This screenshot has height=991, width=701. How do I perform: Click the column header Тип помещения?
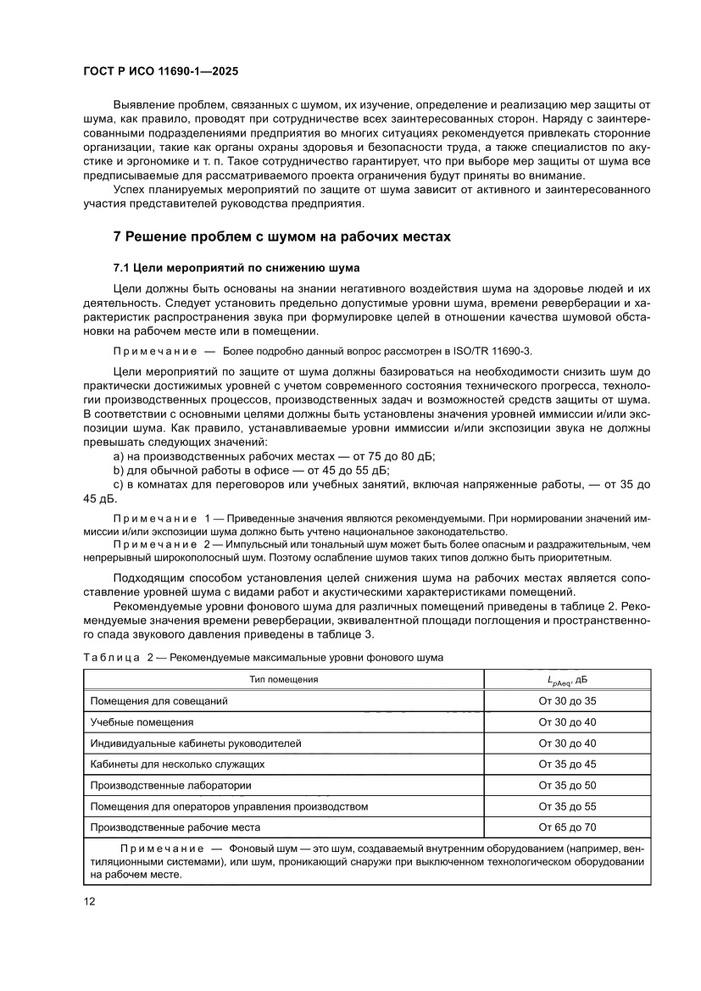(283, 679)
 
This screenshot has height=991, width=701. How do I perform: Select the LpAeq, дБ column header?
(567, 680)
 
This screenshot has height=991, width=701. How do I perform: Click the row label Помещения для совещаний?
(159, 701)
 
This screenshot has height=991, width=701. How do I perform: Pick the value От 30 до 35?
(567, 701)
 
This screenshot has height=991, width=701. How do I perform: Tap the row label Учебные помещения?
(142, 722)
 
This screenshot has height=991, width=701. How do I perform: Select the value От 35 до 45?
(567, 764)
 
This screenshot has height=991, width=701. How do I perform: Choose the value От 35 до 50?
(567, 785)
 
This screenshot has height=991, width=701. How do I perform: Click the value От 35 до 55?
(567, 806)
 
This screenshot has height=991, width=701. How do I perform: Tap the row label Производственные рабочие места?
(175, 827)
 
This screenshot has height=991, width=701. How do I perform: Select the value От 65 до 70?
(567, 827)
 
